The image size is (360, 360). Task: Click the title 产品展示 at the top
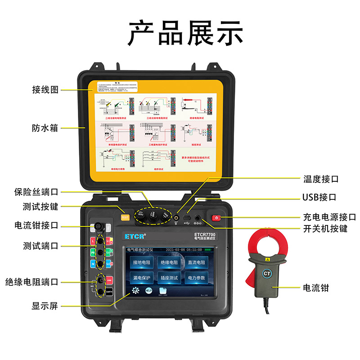(180, 33)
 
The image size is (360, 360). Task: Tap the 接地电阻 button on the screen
(142, 262)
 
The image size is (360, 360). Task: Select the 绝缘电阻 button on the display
(169, 262)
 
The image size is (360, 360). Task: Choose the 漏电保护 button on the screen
(142, 278)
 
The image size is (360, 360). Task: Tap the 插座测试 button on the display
(169, 278)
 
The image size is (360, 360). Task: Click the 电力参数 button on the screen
(196, 278)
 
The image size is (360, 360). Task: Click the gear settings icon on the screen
(135, 291)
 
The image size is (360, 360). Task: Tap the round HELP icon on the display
(148, 291)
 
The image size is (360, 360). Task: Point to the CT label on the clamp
(267, 273)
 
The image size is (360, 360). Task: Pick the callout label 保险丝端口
(36, 192)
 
